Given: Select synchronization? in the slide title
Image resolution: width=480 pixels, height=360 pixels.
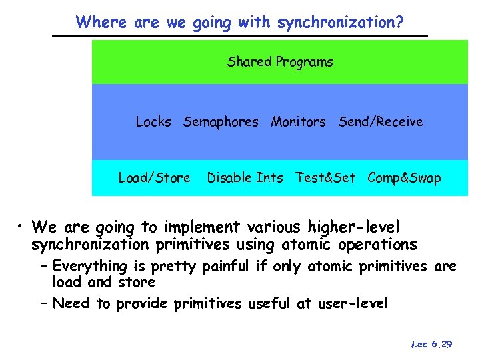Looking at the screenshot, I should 340,22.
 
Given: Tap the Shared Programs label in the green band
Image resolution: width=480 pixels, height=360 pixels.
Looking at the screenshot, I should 280,62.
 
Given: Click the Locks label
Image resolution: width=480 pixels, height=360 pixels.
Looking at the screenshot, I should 153,121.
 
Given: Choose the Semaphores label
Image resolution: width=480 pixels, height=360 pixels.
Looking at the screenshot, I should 221,121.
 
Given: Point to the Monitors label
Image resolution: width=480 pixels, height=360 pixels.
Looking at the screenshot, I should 298,121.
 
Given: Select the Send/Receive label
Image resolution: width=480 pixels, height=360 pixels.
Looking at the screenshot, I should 381,121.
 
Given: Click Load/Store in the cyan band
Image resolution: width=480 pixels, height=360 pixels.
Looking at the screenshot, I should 154,178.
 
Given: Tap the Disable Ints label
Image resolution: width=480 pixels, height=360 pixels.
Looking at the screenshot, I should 245,178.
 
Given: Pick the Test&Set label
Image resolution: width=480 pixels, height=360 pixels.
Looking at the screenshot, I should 325,178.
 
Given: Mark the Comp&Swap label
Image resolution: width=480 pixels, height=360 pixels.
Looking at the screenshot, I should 404,178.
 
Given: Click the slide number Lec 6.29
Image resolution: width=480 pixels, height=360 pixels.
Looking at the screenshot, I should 432,344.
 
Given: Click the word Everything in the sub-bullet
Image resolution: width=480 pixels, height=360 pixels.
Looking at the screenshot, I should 89,267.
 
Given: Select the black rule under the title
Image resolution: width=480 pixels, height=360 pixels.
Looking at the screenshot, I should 240,35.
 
